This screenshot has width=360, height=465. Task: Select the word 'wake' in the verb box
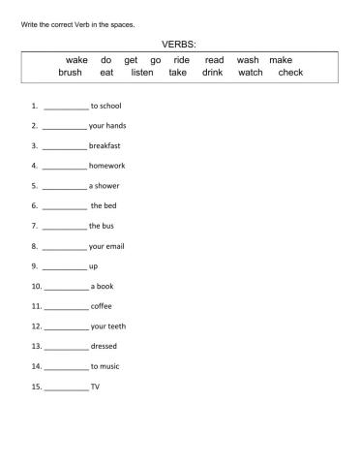76,60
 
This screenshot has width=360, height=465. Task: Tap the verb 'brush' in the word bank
71,73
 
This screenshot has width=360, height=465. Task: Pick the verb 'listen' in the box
142,73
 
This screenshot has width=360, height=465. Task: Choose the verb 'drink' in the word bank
213,73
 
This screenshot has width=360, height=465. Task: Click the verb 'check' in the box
290,73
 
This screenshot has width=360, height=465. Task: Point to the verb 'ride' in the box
182,60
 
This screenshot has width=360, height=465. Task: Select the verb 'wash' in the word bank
248,60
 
